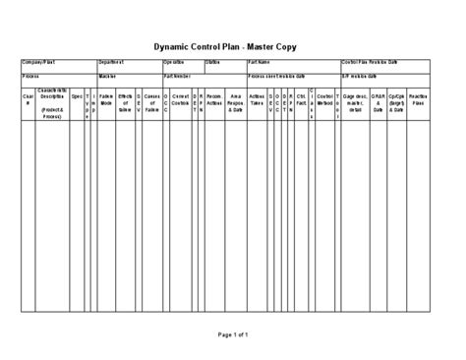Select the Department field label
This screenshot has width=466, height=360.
click(111, 62)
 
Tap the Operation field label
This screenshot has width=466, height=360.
click(174, 62)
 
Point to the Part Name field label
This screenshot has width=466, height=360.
click(260, 62)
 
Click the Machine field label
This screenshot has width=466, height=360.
click(107, 75)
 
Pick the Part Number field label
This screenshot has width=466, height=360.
click(177, 75)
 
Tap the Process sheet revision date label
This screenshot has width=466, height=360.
click(277, 75)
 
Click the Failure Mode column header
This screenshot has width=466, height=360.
click(106, 103)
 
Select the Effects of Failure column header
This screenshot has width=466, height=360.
click(125, 103)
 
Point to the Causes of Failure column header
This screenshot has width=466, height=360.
click(151, 103)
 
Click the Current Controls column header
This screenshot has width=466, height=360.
click(181, 103)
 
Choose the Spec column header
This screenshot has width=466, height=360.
click(76, 97)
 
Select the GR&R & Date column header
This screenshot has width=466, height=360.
click(378, 103)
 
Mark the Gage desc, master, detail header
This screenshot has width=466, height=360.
click(354, 103)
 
